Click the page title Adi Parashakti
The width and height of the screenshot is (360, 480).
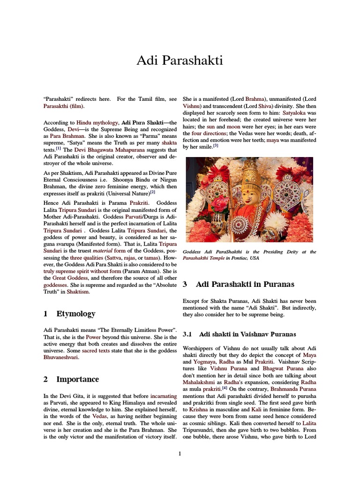(x=180, y=60)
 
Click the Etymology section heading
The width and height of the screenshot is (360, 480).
(x=75, y=314)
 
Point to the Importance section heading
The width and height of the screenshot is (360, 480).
(x=77, y=379)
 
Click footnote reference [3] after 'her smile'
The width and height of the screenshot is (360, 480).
(x=216, y=146)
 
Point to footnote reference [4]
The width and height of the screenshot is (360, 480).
(x=225, y=388)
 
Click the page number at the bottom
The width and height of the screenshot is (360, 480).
(x=180, y=453)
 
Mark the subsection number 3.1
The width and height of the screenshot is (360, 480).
(x=187, y=334)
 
